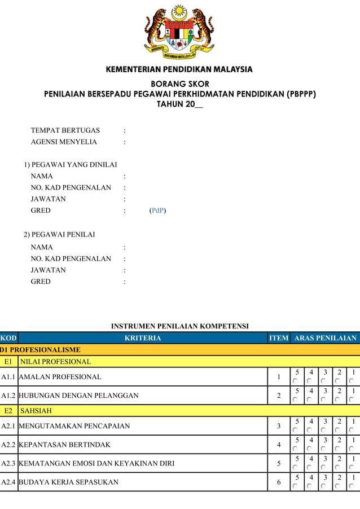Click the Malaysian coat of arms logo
[x=179, y=33]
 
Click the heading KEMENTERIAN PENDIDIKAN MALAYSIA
[x=179, y=69]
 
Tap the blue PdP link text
[x=157, y=210]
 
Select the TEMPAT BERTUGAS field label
[x=65, y=130]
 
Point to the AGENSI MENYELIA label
[x=64, y=142]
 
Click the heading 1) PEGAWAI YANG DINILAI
[x=71, y=165]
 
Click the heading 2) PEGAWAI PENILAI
[x=59, y=234]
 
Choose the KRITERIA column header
[x=143, y=338]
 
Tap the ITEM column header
[x=279, y=338]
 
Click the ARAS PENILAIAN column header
[x=326, y=338]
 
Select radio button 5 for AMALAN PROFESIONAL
[x=296, y=381]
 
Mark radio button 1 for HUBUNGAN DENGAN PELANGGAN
[x=351, y=400]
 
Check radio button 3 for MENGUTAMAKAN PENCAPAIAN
[x=323, y=431]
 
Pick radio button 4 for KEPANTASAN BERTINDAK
[x=309, y=449]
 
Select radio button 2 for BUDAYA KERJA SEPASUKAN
[x=337, y=486]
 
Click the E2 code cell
[x=8, y=411]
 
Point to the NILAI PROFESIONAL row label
[x=55, y=362]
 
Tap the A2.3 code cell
[x=9, y=463]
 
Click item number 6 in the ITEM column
[x=279, y=482]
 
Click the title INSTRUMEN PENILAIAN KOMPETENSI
[x=179, y=326]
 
